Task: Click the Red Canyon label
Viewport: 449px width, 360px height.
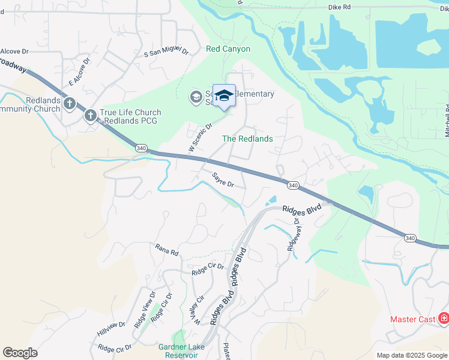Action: [x=228, y=49]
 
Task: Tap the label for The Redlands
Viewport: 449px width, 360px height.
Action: [x=247, y=139]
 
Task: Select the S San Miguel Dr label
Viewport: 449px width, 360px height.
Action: [x=166, y=53]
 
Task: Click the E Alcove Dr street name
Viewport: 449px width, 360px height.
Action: [x=79, y=71]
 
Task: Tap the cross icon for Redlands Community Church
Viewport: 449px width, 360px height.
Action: [x=70, y=103]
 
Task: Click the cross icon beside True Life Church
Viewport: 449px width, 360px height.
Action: [x=91, y=115]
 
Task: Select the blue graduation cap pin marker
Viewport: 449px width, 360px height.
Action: [x=224, y=96]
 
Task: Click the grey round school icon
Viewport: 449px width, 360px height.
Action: [x=196, y=97]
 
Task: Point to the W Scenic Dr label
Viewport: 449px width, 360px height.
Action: [x=200, y=137]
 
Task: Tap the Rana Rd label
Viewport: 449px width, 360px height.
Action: [x=167, y=250]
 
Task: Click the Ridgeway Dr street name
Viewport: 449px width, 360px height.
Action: [x=294, y=234]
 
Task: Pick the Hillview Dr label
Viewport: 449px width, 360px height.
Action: [x=110, y=329]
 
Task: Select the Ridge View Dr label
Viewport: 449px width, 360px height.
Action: [x=145, y=309]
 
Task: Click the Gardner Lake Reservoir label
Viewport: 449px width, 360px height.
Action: [x=181, y=351]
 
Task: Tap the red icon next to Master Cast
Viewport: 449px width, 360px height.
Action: [x=443, y=319]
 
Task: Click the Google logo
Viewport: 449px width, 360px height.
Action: [x=20, y=353]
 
